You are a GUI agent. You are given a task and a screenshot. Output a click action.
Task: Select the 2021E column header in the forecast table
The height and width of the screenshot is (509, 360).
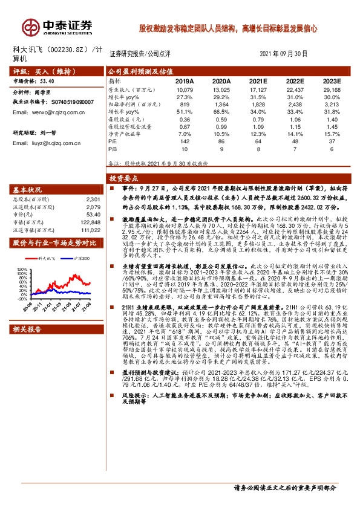tap(258, 80)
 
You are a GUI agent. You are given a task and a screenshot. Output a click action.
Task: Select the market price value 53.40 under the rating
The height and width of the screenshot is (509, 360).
tap(47, 80)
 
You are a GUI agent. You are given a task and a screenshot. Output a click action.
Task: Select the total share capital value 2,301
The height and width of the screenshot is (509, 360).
tap(92, 199)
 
